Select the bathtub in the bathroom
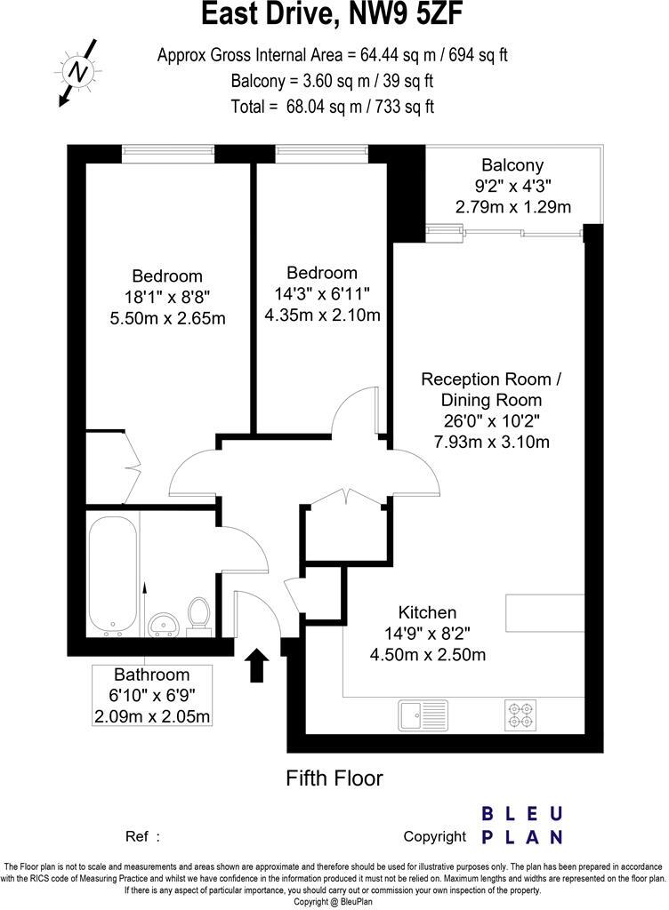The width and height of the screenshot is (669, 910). point(113,575)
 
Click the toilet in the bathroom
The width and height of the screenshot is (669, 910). point(199,614)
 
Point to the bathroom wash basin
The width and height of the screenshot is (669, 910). point(164,624)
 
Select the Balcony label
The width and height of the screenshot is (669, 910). point(512,164)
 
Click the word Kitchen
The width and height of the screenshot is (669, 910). point(427,612)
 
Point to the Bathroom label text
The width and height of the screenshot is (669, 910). point(151,675)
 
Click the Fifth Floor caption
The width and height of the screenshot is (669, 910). point(334,778)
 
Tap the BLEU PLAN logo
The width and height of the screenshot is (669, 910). point(521,825)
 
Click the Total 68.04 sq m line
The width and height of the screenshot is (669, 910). point(333,108)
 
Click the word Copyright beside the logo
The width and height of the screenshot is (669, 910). point(434,836)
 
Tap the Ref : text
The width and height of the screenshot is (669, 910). point(143,836)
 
